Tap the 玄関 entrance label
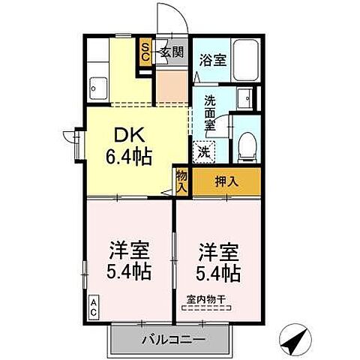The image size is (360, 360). (172, 52)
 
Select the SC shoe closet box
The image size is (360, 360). (145, 52)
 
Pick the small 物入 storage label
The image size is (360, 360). (181, 181)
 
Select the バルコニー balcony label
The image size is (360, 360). (173, 340)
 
